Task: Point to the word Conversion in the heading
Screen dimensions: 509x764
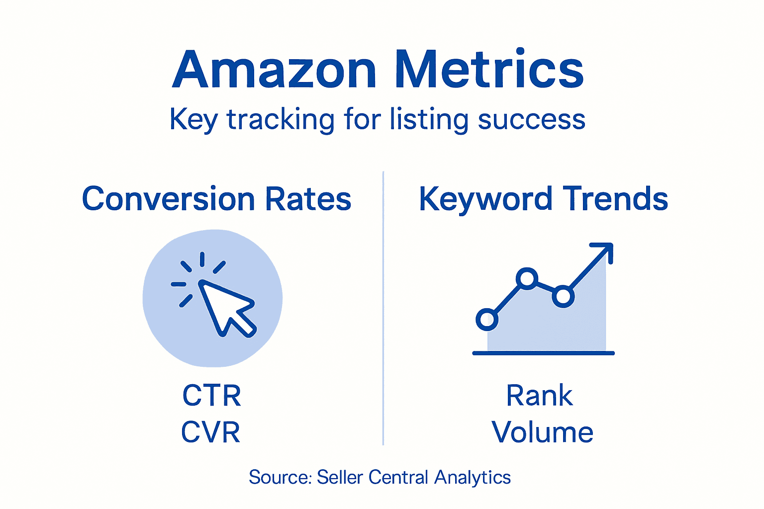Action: point(169,199)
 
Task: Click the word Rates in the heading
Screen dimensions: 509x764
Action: point(308,199)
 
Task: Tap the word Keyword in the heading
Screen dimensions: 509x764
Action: point(485,199)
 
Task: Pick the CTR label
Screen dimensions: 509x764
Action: point(212,396)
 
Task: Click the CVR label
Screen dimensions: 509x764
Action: point(211,432)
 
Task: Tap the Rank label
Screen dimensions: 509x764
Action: point(540,396)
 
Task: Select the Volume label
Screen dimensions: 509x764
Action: point(543,432)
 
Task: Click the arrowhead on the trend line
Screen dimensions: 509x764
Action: point(605,250)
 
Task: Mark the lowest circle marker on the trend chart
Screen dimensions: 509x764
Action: point(487,319)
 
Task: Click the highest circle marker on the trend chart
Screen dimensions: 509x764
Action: point(527,278)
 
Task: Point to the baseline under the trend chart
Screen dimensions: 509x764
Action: point(543,353)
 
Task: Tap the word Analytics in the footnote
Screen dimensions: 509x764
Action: point(473,477)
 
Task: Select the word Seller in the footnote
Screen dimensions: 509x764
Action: point(340,477)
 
